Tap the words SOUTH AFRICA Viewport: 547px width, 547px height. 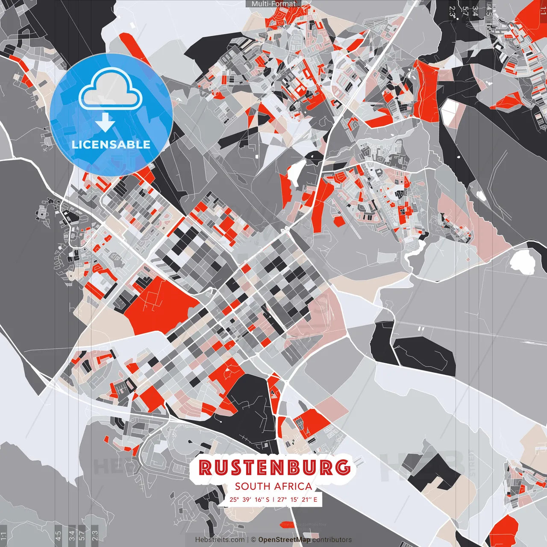tap(273, 486)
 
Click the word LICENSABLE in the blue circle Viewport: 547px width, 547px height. tap(111, 144)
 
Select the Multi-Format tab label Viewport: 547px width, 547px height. tap(273, 4)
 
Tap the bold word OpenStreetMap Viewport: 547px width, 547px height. tap(284, 540)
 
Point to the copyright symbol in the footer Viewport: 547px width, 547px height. tap(253, 540)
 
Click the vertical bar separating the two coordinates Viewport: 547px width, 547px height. tap(273, 500)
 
